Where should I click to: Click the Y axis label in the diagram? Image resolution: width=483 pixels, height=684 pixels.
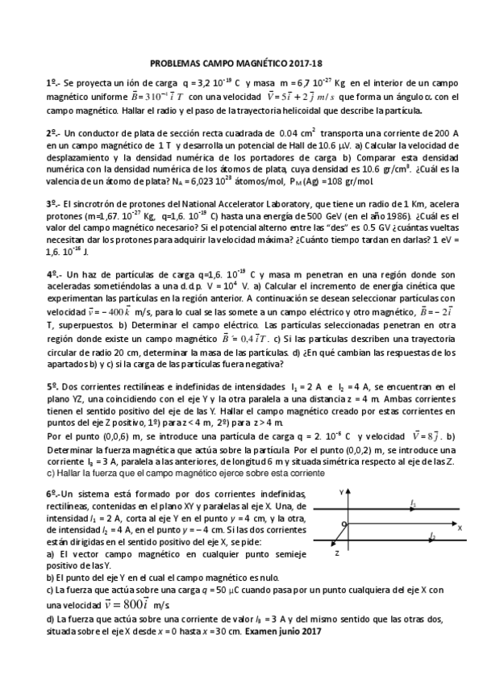(342, 490)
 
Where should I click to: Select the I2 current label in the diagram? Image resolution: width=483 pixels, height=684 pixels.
(433, 535)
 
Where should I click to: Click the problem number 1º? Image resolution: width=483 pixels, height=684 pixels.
(52, 82)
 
